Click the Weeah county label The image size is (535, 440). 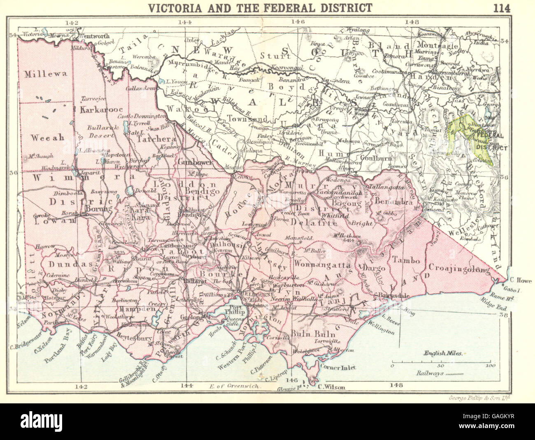click(x=48, y=137)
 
